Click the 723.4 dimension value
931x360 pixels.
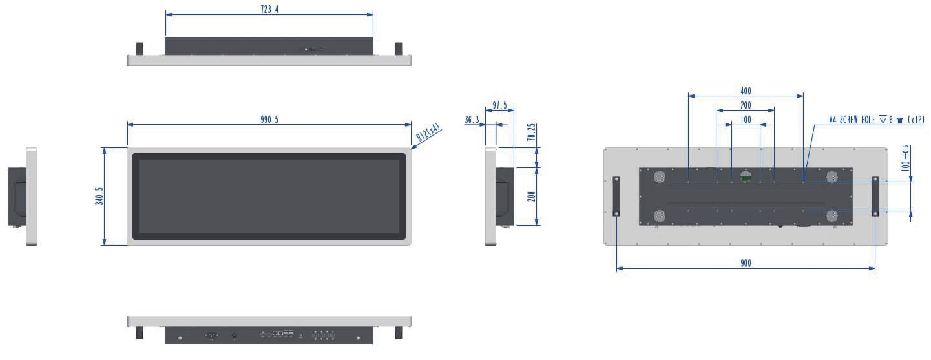[x=269, y=9]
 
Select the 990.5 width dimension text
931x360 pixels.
[x=269, y=120]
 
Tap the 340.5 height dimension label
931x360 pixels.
[x=99, y=196]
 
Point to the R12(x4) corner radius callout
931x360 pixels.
[x=428, y=132]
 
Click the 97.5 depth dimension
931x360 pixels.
[x=499, y=105]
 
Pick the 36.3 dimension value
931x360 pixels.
[x=472, y=120]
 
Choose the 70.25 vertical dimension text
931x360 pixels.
[x=531, y=132]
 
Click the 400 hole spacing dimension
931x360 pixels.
[x=746, y=90]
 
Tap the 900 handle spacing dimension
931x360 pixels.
[x=746, y=263]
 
